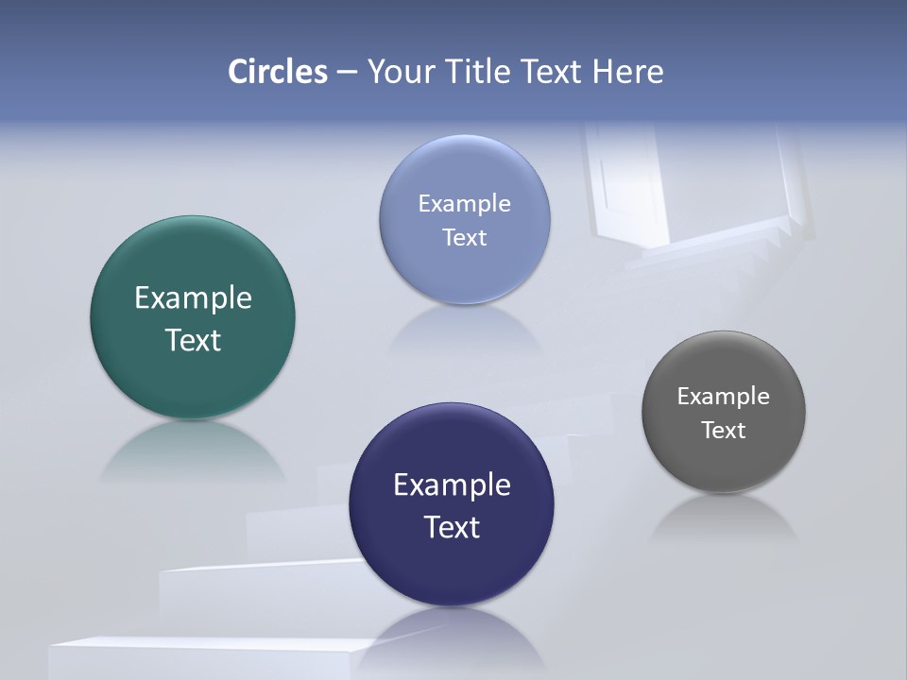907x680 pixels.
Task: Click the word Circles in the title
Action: (x=278, y=72)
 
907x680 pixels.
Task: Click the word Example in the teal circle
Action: (x=193, y=298)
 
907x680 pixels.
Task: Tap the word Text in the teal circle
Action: (x=193, y=340)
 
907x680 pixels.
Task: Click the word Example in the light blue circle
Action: (x=465, y=204)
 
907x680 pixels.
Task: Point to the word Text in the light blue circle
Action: (x=465, y=238)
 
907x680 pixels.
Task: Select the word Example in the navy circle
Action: (x=452, y=485)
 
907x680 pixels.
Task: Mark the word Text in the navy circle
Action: (x=452, y=527)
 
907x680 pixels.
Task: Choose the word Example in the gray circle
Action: (x=724, y=397)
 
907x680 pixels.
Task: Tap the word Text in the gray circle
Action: (x=724, y=431)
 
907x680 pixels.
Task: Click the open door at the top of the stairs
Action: (x=628, y=184)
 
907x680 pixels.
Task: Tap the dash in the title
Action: (x=346, y=73)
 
